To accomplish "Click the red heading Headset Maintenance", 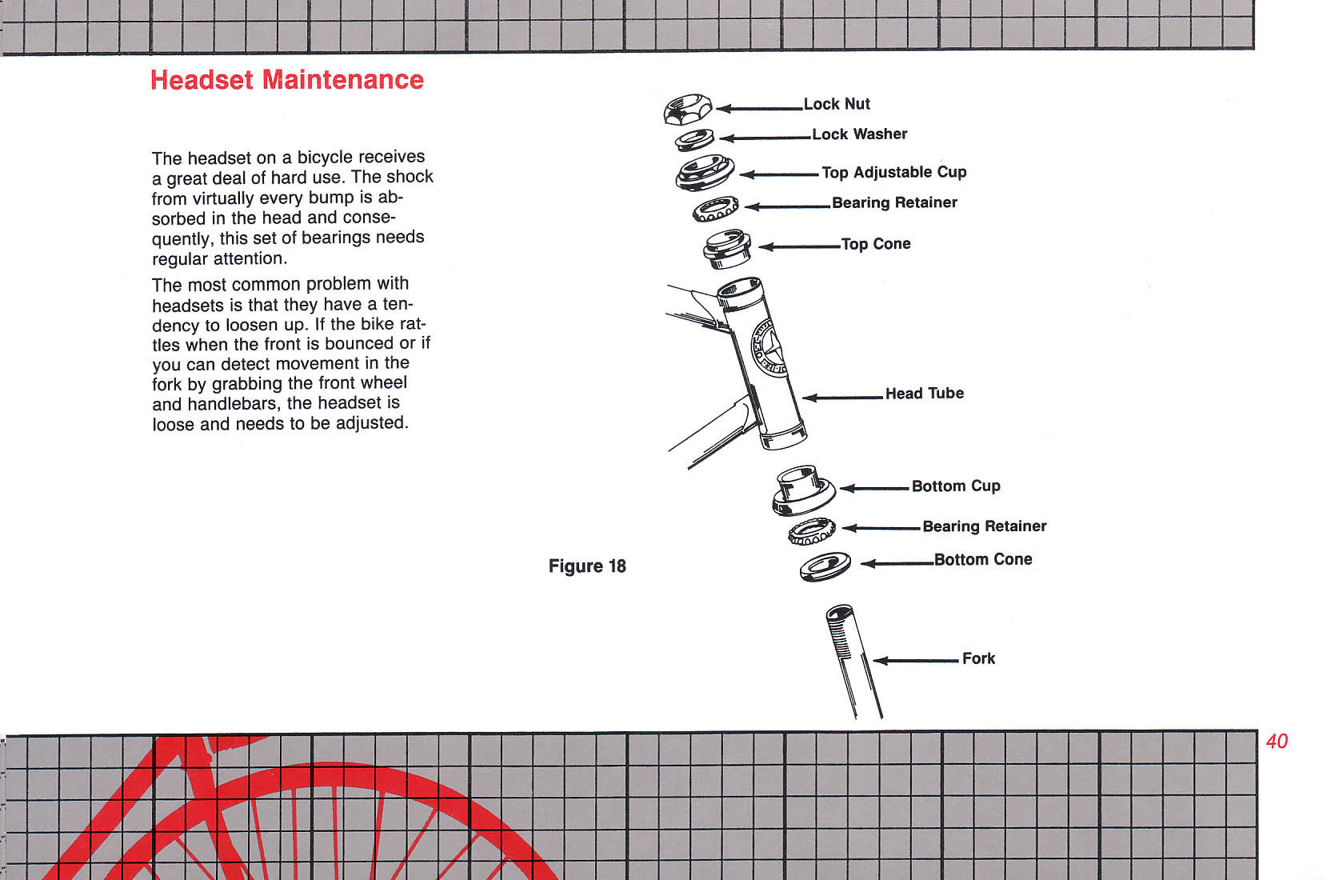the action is (286, 80).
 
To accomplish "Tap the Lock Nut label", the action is (837, 104).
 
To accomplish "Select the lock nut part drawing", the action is (687, 109).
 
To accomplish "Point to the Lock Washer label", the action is (859, 134).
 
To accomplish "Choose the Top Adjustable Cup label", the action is (894, 172).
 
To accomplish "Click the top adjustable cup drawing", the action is (705, 173).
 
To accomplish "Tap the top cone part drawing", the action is (726, 248).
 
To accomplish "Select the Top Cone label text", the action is (875, 244).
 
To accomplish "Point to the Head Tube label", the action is (925, 394).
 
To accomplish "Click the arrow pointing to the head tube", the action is (842, 398).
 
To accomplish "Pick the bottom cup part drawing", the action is (803, 491).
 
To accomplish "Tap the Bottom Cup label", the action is (956, 486).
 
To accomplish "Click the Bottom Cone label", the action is (983, 559).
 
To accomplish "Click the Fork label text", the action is (978, 658).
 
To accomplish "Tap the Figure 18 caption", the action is (587, 566).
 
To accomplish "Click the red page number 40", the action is (1277, 742).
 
